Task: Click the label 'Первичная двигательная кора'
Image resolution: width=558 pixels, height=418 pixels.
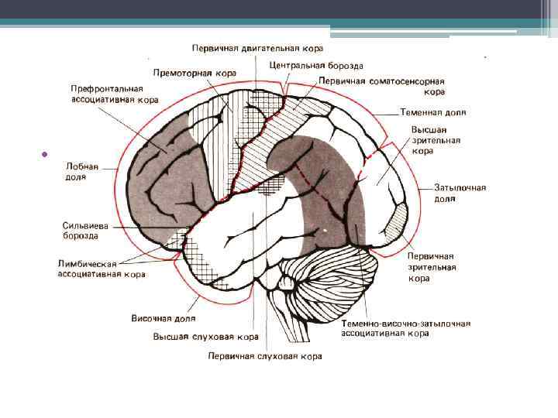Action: (x=257, y=48)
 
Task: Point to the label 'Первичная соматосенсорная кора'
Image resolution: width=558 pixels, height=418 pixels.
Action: (x=379, y=85)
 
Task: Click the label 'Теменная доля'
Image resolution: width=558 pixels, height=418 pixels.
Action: (x=433, y=112)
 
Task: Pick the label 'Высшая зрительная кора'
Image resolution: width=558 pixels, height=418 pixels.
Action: (x=436, y=141)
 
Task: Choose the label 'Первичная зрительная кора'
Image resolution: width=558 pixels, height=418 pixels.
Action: (x=431, y=266)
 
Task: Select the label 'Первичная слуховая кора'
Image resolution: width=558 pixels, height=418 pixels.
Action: (x=264, y=356)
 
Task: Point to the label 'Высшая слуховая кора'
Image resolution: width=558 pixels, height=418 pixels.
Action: (x=205, y=337)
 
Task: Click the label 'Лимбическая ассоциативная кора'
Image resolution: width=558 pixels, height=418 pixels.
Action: (x=101, y=268)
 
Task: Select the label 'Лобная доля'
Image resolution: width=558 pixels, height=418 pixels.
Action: (x=82, y=171)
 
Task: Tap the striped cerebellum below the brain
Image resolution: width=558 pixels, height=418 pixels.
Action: (x=329, y=278)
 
